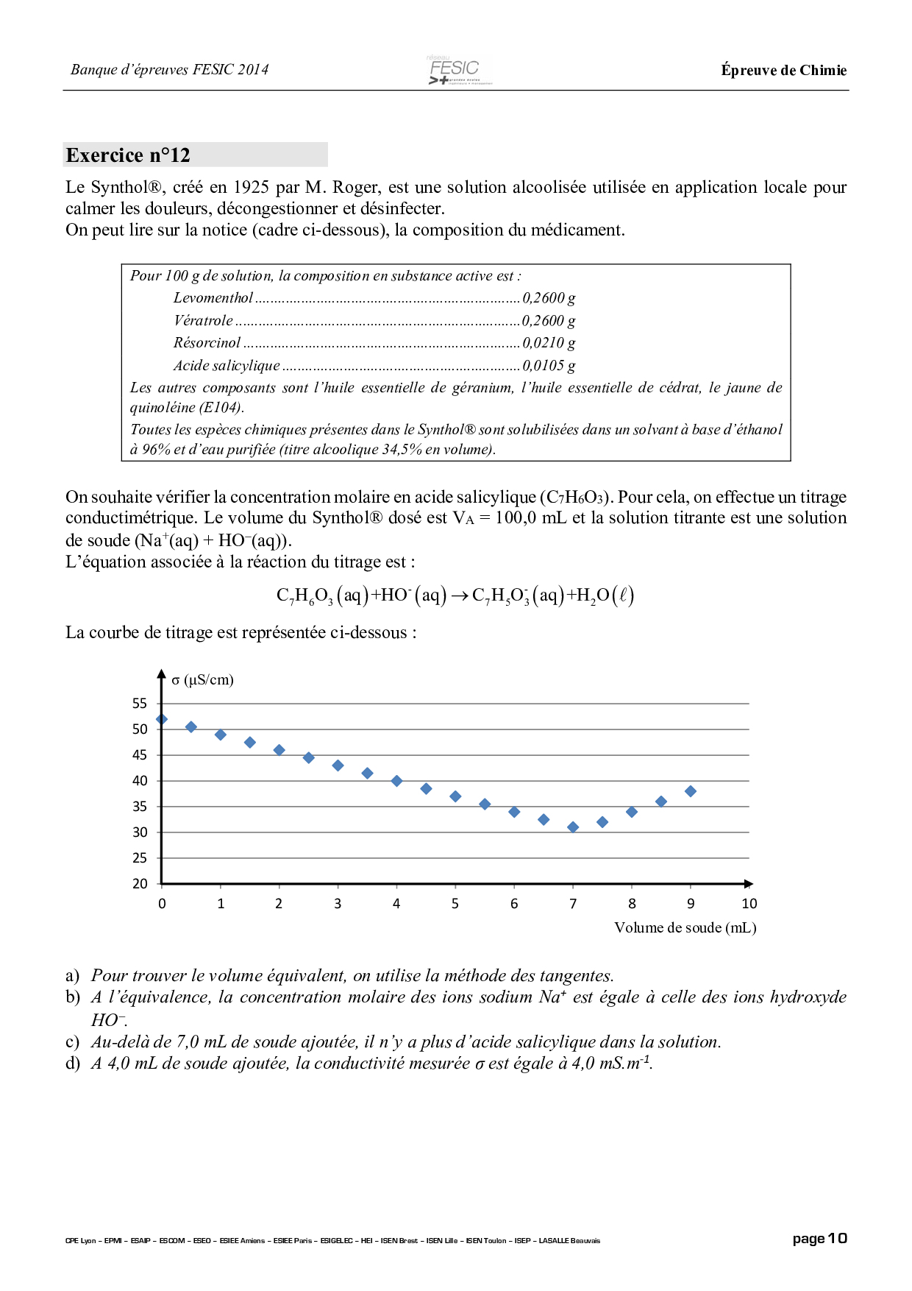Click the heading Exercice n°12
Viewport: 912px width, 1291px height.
128,155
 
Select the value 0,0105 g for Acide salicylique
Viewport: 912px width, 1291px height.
549,366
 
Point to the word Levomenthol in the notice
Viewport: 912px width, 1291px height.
213,298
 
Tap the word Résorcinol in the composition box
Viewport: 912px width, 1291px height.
207,343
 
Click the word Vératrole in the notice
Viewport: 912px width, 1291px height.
203,321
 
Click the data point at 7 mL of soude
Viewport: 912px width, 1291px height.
573,827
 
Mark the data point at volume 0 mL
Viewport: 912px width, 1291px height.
162,719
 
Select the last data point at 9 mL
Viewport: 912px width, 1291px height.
691,791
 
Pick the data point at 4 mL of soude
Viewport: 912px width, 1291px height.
396,781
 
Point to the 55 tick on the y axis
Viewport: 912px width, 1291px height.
140,704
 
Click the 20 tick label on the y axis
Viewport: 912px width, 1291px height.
140,884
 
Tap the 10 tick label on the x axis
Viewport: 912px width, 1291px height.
749,904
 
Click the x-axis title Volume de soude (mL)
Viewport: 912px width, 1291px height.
685,928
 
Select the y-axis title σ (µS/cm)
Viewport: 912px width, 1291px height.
202,680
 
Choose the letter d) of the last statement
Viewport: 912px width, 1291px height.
72,1064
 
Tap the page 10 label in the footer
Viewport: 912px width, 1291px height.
819,1239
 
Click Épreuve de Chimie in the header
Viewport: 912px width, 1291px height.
783,71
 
